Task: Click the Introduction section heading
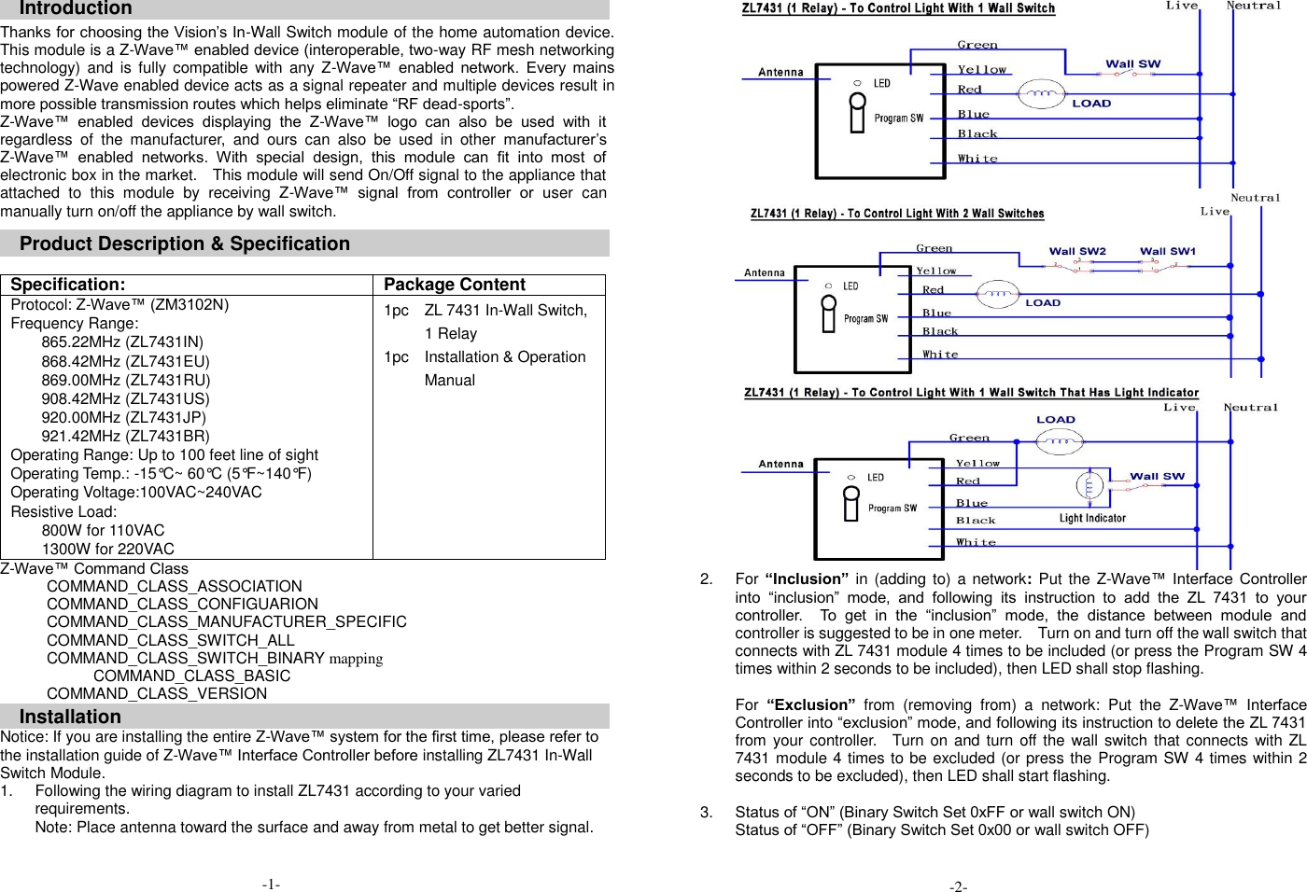pyautogui.click(x=76, y=8)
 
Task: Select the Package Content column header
pyautogui.click(x=455, y=285)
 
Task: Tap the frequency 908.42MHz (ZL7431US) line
pyautogui.click(x=125, y=398)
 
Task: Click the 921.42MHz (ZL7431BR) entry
pyautogui.click(x=125, y=436)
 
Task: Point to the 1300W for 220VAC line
pyautogui.click(x=107, y=549)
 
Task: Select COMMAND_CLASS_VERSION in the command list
pyautogui.click(x=157, y=693)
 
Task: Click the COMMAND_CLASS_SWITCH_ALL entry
pyautogui.click(x=170, y=640)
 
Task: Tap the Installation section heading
pyautogui.click(x=70, y=717)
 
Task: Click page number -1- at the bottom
pyautogui.click(x=271, y=884)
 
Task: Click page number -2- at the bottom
pyautogui.click(x=958, y=886)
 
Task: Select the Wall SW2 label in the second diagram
pyautogui.click(x=1077, y=251)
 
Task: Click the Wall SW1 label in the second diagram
pyautogui.click(x=1167, y=251)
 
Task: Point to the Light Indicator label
pyautogui.click(x=1092, y=518)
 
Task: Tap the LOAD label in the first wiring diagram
pyautogui.click(x=1091, y=104)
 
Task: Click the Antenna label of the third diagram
pyautogui.click(x=780, y=464)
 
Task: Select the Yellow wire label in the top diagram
pyautogui.click(x=982, y=70)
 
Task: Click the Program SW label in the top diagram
pyautogui.click(x=898, y=118)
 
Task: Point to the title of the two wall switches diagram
pyautogui.click(x=897, y=214)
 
